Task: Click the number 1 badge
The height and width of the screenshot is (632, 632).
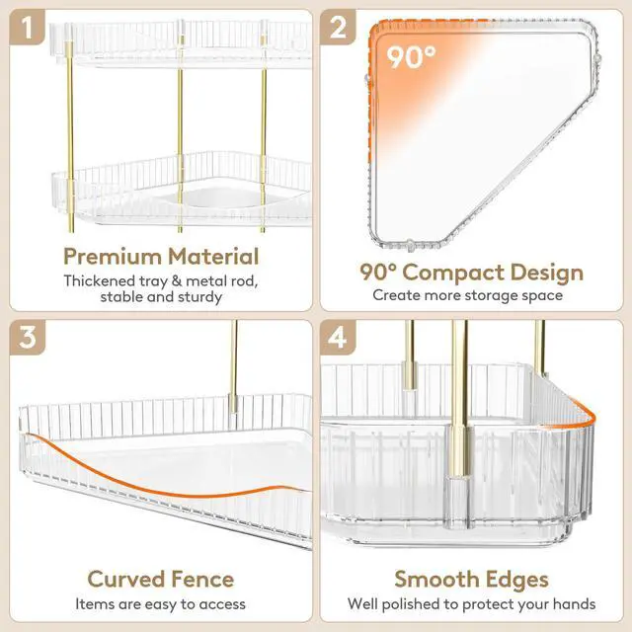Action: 27,27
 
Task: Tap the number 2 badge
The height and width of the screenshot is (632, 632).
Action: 338,27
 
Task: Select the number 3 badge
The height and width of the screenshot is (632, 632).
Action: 27,338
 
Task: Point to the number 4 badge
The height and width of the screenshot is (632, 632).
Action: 338,338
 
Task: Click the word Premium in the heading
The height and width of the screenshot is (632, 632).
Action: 112,257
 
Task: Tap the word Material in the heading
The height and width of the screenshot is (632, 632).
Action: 213,256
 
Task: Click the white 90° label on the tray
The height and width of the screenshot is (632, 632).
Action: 411,57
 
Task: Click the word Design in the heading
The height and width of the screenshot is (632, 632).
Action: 544,274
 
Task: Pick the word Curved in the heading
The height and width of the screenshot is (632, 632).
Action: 126,580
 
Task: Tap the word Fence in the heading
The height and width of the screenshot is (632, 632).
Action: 202,580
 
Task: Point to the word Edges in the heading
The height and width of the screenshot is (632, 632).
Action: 517,581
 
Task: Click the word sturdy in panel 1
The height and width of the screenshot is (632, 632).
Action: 198,297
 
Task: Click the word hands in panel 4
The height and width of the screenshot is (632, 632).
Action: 575,603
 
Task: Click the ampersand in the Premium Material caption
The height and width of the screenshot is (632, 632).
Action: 177,280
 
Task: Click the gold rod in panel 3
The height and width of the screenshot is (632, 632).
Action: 233,366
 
